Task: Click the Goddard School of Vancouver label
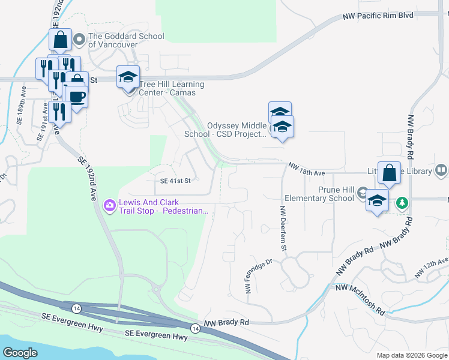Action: (x=126, y=41)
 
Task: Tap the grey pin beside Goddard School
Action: (x=79, y=41)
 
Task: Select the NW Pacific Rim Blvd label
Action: (x=378, y=16)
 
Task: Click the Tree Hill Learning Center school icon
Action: (x=128, y=77)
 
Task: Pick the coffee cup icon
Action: (x=76, y=96)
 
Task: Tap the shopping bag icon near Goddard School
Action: (x=61, y=40)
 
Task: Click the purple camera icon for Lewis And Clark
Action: (x=109, y=206)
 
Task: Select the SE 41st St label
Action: (x=175, y=181)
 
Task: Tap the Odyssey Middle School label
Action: (x=237, y=130)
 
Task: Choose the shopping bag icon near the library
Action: (x=389, y=173)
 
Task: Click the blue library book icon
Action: (x=441, y=171)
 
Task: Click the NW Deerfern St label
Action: (x=282, y=229)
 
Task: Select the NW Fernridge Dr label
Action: (x=259, y=276)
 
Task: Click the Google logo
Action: (x=21, y=353)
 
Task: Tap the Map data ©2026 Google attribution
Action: (x=411, y=355)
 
